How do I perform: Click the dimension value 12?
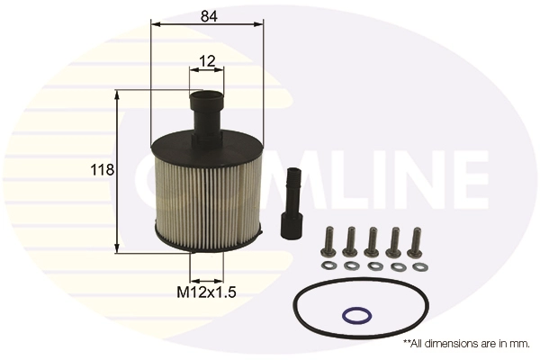(x=207, y=61)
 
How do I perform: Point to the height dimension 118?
(x=102, y=170)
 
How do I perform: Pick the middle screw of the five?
(x=371, y=240)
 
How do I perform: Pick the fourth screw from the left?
(x=393, y=240)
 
